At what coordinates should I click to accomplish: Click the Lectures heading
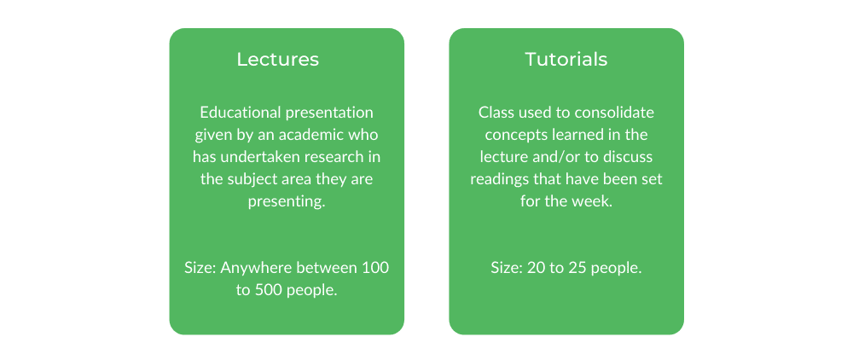click(277, 59)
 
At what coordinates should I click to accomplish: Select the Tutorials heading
click(566, 59)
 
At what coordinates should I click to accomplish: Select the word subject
click(245, 179)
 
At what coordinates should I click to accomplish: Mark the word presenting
click(287, 201)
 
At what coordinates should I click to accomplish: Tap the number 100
click(374, 268)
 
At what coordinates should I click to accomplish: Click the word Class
click(492, 113)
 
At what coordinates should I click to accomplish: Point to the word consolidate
click(621, 113)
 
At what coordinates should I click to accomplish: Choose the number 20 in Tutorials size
click(534, 268)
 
